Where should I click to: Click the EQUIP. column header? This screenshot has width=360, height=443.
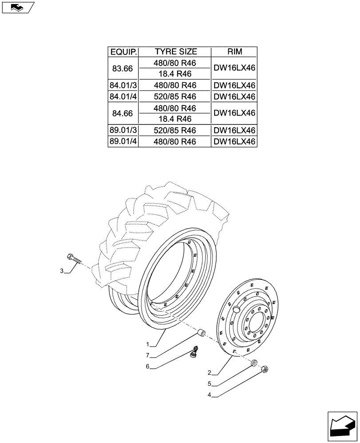click(123, 52)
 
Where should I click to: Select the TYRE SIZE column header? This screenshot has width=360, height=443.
click(176, 52)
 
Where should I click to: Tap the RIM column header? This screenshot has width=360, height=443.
click(235, 52)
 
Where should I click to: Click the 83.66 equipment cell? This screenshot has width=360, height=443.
click(123, 69)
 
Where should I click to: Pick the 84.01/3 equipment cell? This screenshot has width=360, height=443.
click(123, 85)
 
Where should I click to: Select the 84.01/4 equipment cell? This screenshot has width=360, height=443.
click(123, 97)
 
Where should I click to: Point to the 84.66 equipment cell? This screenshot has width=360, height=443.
click(123, 113)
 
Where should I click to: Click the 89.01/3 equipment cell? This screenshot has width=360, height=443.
click(123, 130)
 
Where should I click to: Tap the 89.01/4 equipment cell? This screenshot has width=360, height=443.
click(123, 142)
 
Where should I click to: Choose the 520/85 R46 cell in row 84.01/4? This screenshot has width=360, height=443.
click(176, 97)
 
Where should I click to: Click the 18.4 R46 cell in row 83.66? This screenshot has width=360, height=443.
click(176, 74)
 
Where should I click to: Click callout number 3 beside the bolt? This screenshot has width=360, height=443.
click(62, 271)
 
